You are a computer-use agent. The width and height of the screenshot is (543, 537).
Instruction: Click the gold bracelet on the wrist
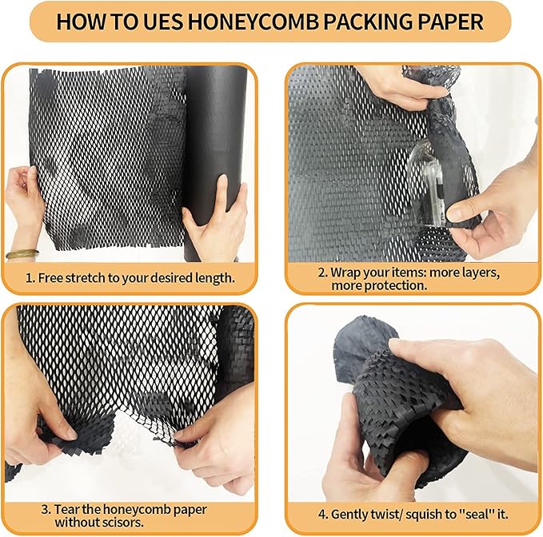[22, 255]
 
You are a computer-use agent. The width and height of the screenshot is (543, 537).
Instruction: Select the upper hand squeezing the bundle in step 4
[448, 376]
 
